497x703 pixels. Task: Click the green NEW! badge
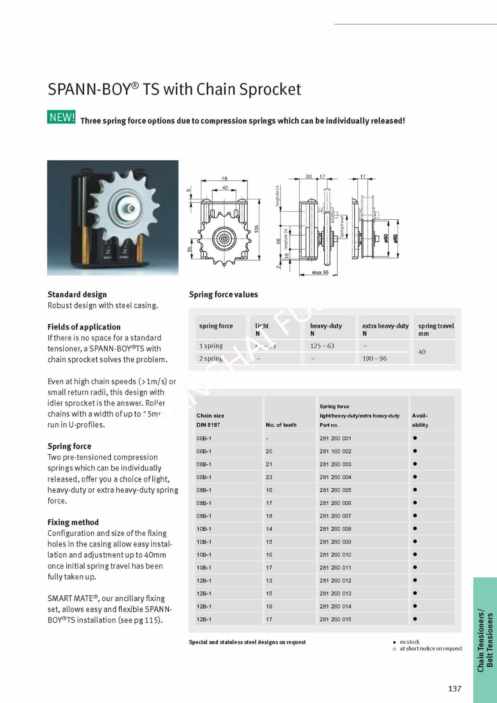pyautogui.click(x=62, y=117)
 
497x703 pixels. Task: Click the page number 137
pyautogui.click(x=455, y=689)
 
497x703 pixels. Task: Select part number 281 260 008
pyautogui.click(x=335, y=529)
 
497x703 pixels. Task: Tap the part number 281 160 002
pyautogui.click(x=335, y=451)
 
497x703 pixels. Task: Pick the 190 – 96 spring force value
pyautogui.click(x=374, y=359)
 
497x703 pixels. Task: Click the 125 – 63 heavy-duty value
pyautogui.click(x=322, y=346)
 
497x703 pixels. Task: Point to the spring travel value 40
pyautogui.click(x=422, y=352)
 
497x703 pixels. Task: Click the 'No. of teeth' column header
pyautogui.click(x=281, y=425)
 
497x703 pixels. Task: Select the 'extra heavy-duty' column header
pyautogui.click(x=385, y=326)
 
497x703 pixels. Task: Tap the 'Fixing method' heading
pyautogui.click(x=73, y=522)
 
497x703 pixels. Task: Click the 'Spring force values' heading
pyautogui.click(x=223, y=294)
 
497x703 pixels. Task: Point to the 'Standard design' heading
pyautogui.click(x=77, y=294)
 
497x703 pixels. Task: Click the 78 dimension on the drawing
pyautogui.click(x=225, y=179)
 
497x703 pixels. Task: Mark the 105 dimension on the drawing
pyautogui.click(x=257, y=228)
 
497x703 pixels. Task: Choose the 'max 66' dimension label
pyautogui.click(x=320, y=272)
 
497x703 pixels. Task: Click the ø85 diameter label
pyautogui.click(x=395, y=238)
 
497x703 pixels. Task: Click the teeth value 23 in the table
pyautogui.click(x=269, y=477)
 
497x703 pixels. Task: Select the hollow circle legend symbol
pyautogui.click(x=394, y=649)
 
